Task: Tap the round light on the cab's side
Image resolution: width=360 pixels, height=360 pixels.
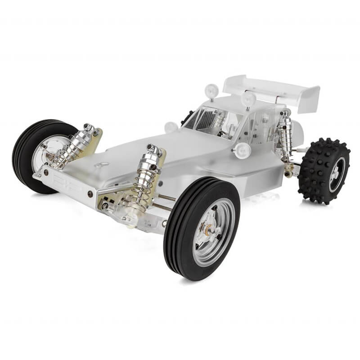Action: (242, 151)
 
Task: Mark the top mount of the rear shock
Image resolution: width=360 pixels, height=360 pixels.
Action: (284, 112)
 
